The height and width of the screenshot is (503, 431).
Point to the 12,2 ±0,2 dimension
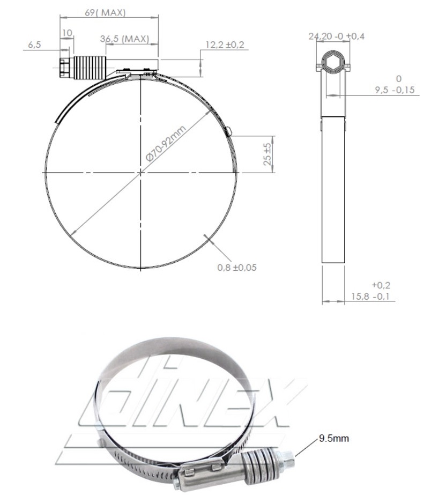pos(224,45)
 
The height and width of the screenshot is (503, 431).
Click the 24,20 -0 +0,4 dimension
pos(337,36)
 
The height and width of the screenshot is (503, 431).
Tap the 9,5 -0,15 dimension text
pos(396,90)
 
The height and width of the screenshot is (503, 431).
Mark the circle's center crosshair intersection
pos(141,173)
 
